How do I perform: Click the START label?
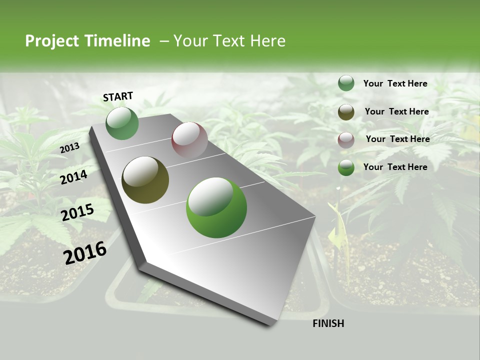pyautogui.click(x=118, y=96)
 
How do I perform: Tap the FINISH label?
pyautogui.click(x=328, y=323)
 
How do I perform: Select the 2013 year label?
pyautogui.click(x=69, y=148)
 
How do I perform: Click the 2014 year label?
pyautogui.click(x=74, y=177)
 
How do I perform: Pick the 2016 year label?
pyautogui.click(x=85, y=253)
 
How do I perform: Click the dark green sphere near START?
pyautogui.click(x=122, y=123)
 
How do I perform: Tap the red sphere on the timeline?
pyautogui.click(x=189, y=140)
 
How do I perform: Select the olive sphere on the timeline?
pyautogui.click(x=145, y=180)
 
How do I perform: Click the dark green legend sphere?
pyautogui.click(x=346, y=83)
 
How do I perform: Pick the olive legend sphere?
pyautogui.click(x=346, y=112)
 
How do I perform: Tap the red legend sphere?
pyautogui.click(x=346, y=140)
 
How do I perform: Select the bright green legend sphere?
pyautogui.click(x=346, y=167)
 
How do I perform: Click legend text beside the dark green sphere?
pyautogui.click(x=395, y=84)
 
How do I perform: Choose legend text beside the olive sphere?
pyautogui.click(x=396, y=112)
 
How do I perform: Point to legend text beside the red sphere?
pyautogui.click(x=397, y=139)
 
